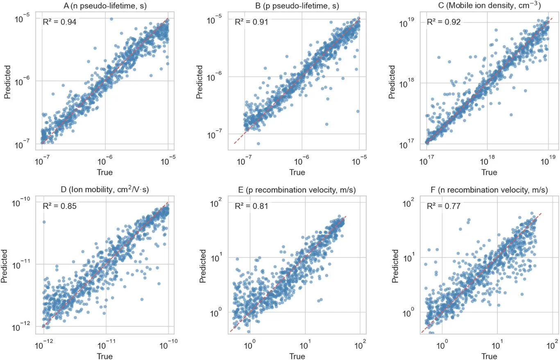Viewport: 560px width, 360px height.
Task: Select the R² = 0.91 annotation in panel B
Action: [x=251, y=22]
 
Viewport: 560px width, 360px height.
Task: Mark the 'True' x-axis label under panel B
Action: [x=297, y=172]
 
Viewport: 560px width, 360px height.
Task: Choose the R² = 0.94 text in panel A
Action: [x=59, y=22]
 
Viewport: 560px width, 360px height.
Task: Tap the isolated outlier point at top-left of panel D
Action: [x=44, y=222]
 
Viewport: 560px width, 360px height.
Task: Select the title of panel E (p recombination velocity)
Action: [x=297, y=190]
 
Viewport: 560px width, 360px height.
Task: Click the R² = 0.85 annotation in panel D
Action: [x=59, y=206]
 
